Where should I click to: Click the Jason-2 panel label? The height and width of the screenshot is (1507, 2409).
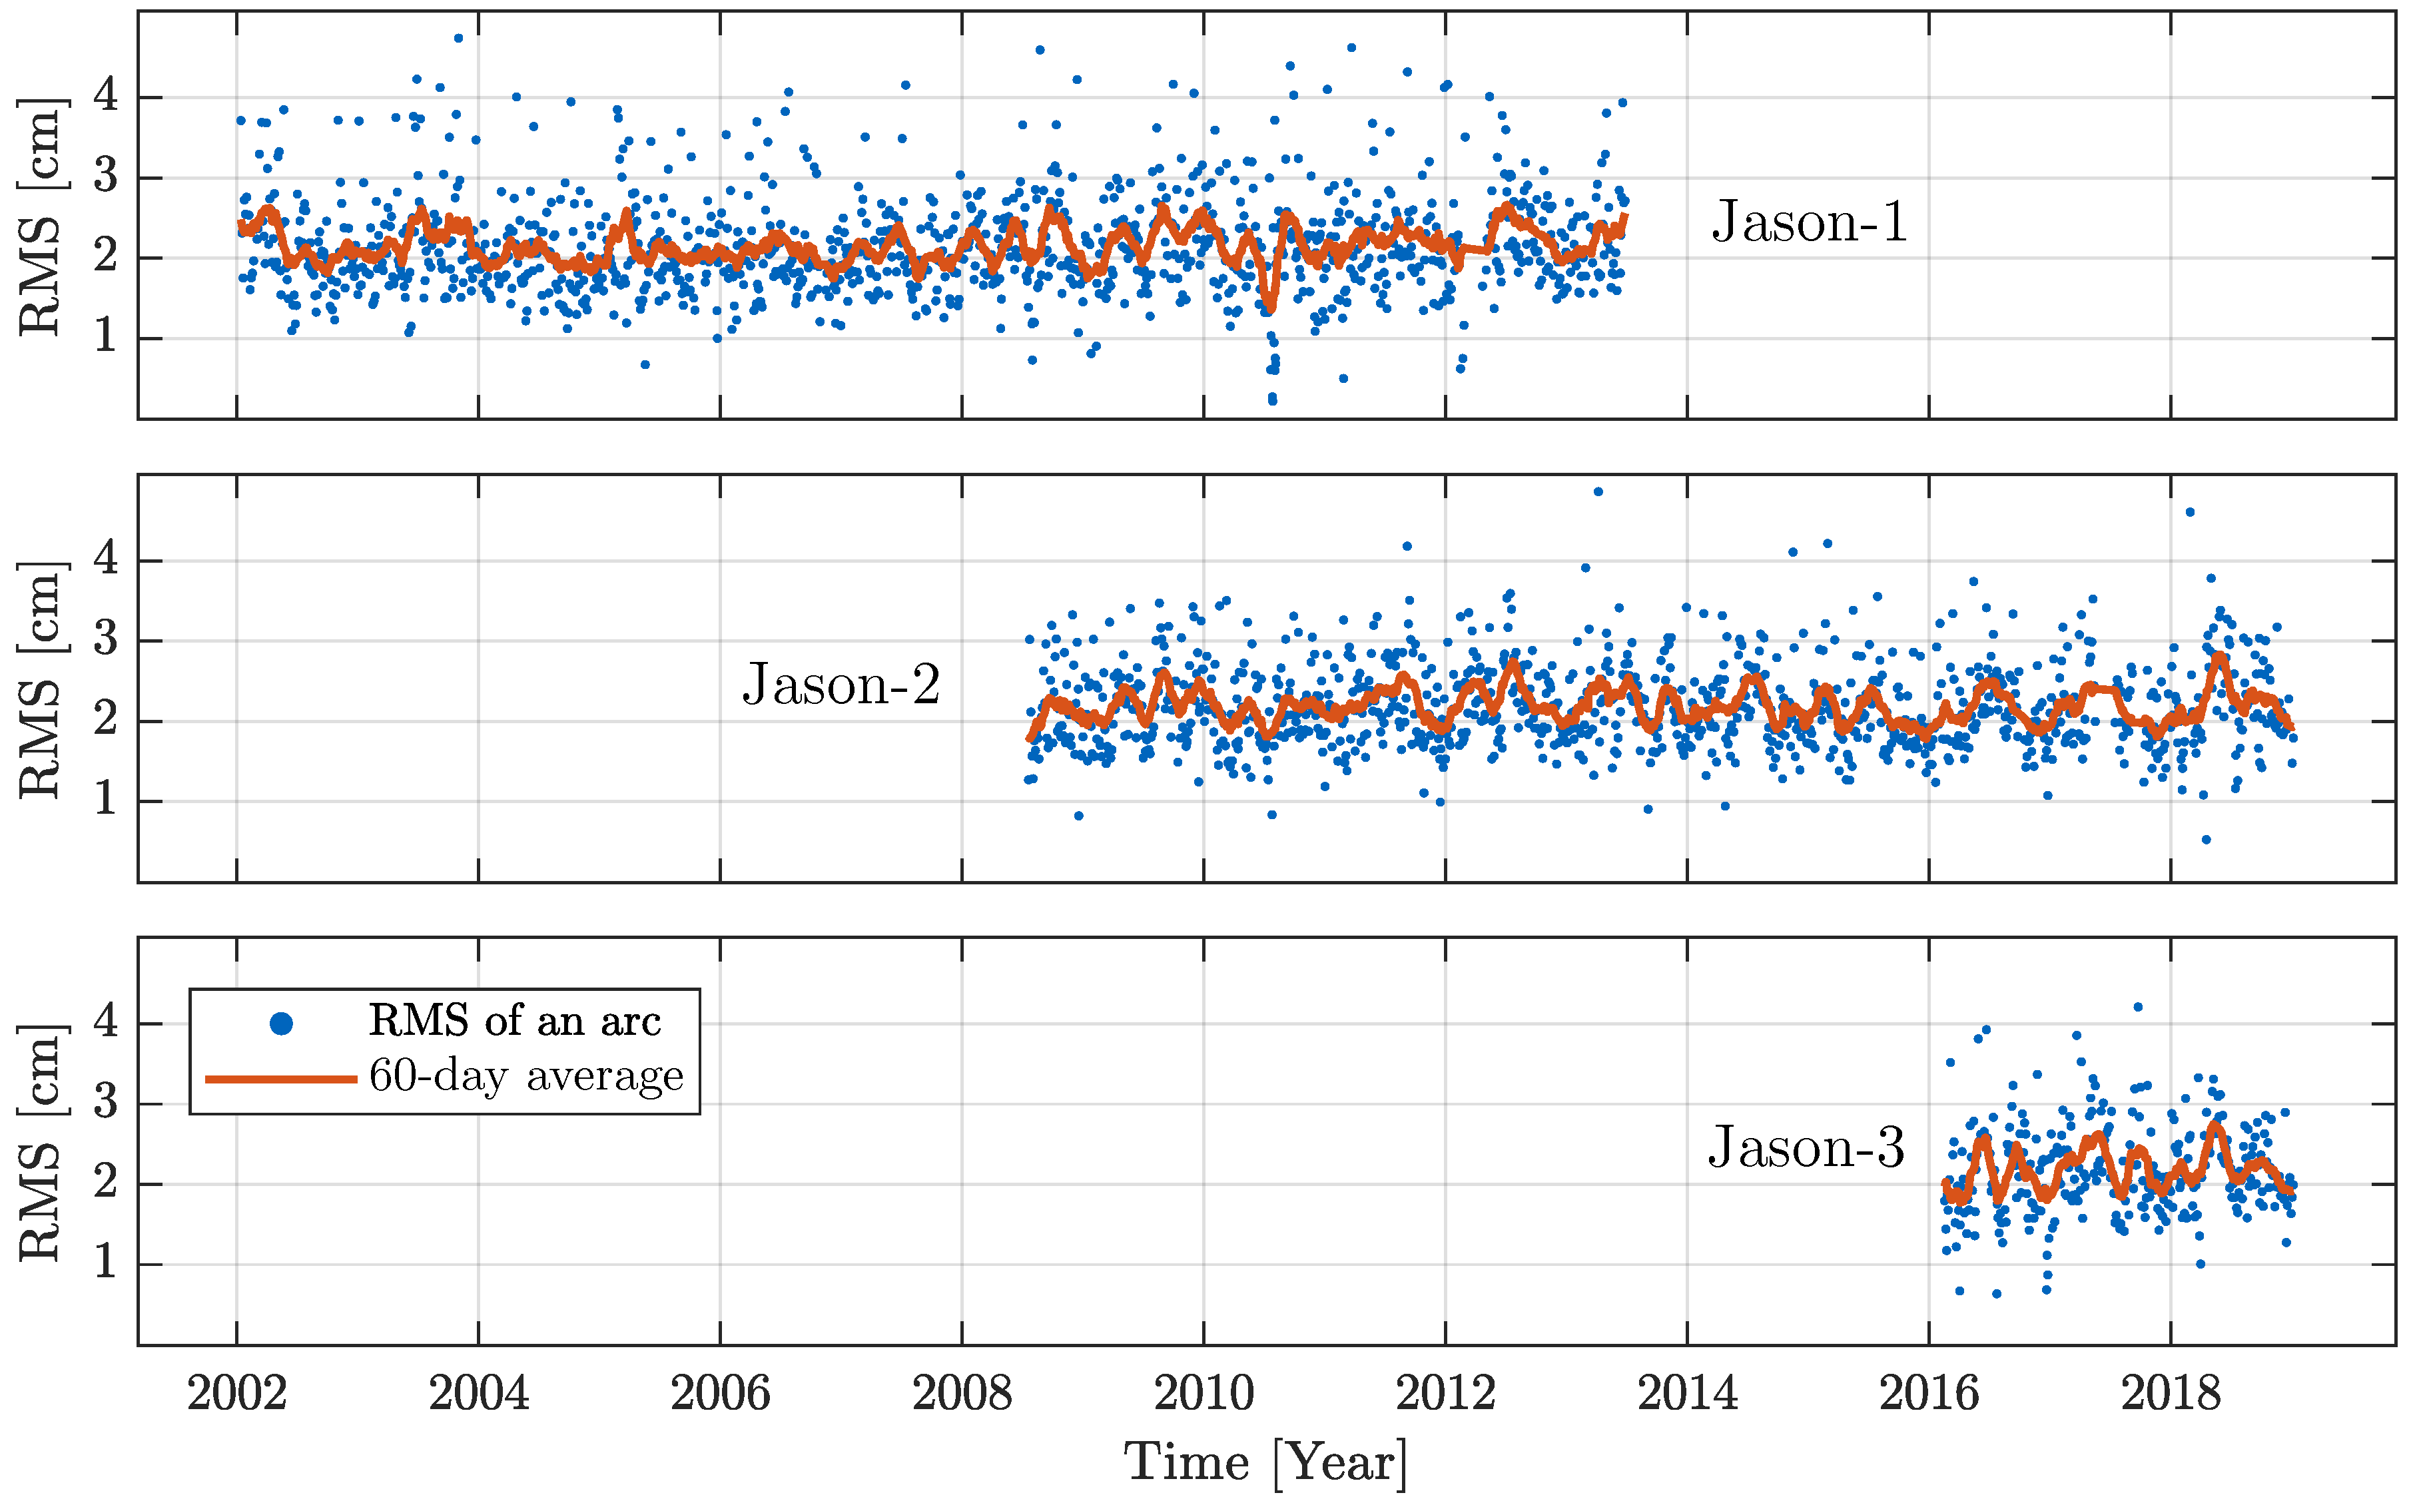click(x=841, y=685)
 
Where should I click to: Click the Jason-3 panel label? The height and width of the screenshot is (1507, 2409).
click(x=1806, y=1147)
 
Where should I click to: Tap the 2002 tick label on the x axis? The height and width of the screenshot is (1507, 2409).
click(x=236, y=1393)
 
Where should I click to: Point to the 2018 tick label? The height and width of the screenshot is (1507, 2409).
click(x=2170, y=1393)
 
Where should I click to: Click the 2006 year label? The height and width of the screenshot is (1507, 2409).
click(x=719, y=1393)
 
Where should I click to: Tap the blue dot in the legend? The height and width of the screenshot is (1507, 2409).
click(x=281, y=1024)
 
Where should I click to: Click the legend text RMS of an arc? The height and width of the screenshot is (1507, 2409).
click(x=514, y=1021)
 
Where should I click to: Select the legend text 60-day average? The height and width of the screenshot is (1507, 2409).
click(x=526, y=1076)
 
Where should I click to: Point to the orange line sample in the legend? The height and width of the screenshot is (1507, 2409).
click(x=281, y=1078)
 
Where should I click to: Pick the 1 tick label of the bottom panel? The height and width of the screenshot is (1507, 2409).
click(x=106, y=1264)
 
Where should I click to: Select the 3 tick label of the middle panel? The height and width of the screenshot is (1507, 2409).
click(x=106, y=640)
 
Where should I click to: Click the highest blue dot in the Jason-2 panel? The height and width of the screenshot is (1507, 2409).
click(x=1598, y=491)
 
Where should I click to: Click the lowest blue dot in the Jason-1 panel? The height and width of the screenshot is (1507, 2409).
click(x=1273, y=401)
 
